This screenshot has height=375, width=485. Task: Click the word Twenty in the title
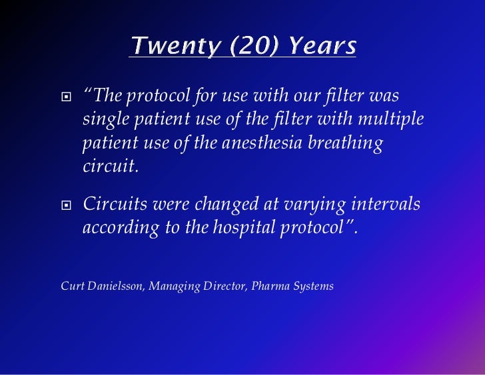pos(167,46)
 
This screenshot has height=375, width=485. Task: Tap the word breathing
pos(349,144)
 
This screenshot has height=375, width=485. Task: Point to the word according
pos(121,228)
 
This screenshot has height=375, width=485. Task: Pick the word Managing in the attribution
pos(171,287)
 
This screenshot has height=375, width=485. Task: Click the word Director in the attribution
pos(222,286)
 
